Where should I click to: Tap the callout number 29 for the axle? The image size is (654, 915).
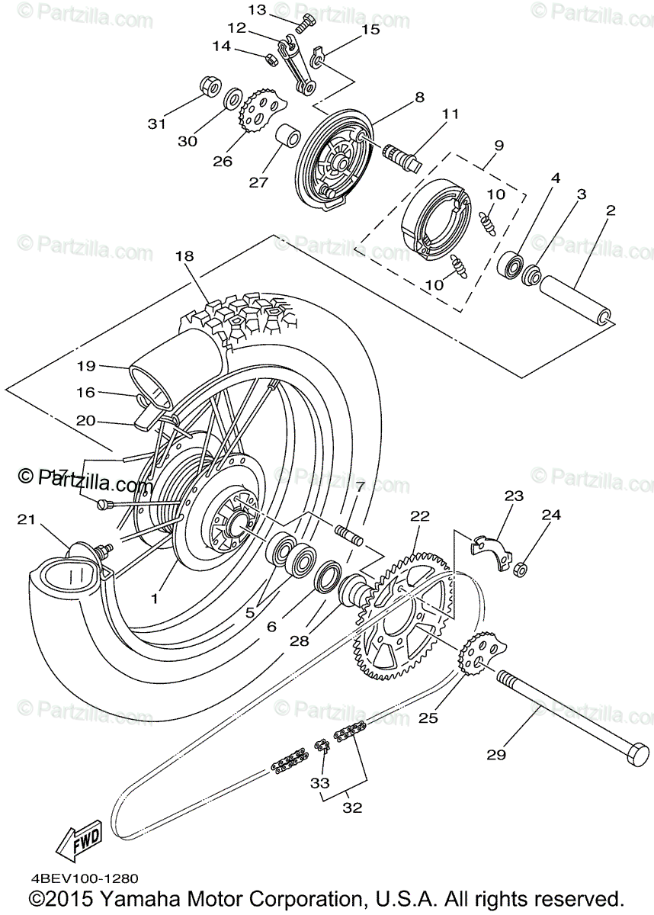[x=496, y=755]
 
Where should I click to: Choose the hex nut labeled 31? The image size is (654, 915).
[x=209, y=86]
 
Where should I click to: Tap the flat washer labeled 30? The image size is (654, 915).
[x=233, y=99]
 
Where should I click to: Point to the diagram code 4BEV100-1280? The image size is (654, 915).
[x=85, y=879]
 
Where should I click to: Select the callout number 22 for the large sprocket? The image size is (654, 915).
[x=420, y=516]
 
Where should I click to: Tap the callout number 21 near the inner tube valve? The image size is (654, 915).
[x=27, y=519]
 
